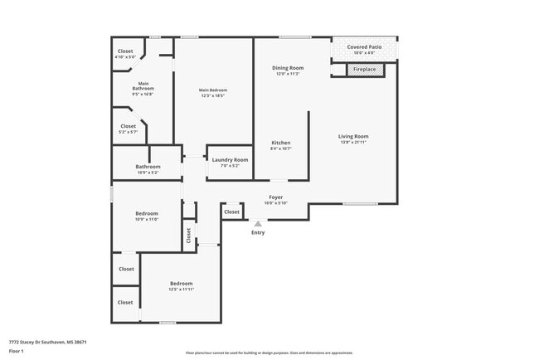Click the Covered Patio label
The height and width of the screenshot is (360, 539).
363,48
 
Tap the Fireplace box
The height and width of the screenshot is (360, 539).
364,70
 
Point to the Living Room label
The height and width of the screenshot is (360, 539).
353,137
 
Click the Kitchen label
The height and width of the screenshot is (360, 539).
281,144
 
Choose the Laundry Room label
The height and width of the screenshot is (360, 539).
230,160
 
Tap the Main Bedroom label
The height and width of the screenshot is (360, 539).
213,90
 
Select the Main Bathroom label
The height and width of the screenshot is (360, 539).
143,85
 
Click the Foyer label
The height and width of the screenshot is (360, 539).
275,198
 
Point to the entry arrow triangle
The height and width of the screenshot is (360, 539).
258,222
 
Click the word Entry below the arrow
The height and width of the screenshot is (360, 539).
258,232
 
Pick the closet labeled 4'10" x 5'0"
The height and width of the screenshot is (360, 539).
125,51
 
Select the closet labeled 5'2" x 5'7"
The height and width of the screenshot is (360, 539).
128,127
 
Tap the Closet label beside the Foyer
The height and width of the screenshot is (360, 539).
231,212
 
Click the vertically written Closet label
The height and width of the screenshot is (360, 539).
188,235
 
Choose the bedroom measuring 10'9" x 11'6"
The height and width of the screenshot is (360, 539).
147,214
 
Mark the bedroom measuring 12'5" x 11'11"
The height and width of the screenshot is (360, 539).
181,285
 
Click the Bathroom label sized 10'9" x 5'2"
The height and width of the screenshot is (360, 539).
148,168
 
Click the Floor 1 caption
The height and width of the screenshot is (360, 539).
17,351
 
